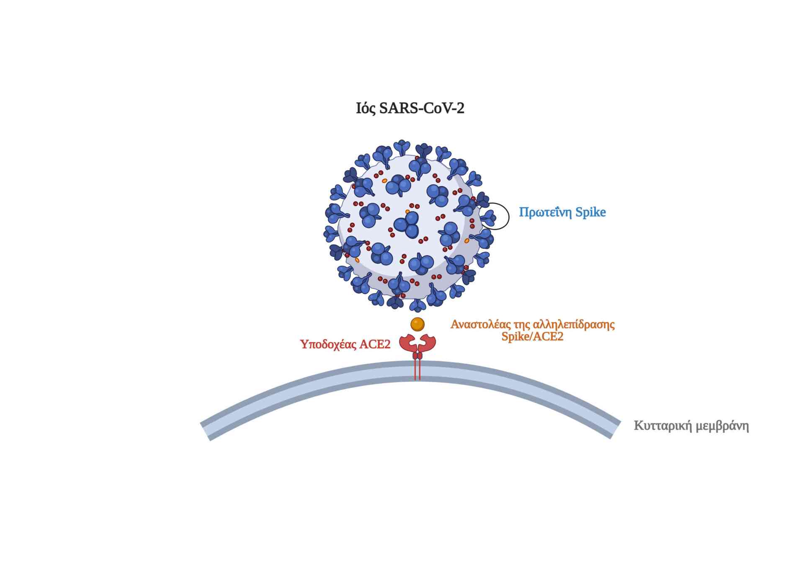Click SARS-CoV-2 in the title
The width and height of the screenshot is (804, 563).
pyautogui.click(x=421, y=108)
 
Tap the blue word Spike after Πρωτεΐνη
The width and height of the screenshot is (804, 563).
pyautogui.click(x=590, y=212)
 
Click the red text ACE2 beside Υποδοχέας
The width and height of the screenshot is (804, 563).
pyautogui.click(x=374, y=344)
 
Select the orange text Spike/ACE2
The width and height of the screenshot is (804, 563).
pyautogui.click(x=532, y=336)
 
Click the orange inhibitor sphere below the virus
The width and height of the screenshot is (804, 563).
pyautogui.click(x=417, y=324)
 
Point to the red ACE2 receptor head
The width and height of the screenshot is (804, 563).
pyautogui.click(x=417, y=343)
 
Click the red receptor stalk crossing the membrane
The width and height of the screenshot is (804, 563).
pyautogui.click(x=417, y=371)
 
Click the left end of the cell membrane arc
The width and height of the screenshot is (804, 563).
pyautogui.click(x=206, y=431)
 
